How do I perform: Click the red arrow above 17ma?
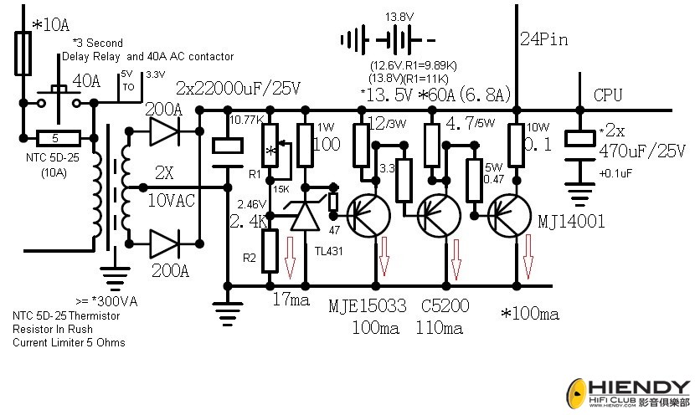[290, 257]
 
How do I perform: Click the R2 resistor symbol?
[269, 249]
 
